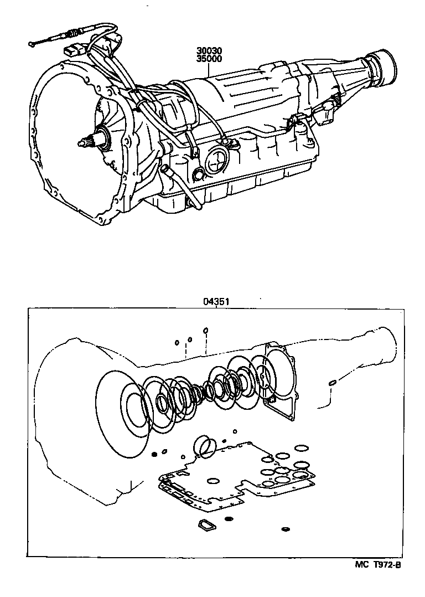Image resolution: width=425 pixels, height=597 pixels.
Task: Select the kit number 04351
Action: tap(216, 302)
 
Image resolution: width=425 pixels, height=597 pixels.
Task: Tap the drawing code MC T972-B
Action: tap(377, 565)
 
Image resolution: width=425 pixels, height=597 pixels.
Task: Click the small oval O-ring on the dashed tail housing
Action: tap(333, 383)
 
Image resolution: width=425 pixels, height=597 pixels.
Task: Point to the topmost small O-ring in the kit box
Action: tap(205, 331)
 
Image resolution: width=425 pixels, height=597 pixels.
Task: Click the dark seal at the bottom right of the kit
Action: tap(286, 529)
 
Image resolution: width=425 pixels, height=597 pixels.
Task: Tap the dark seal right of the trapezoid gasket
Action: tap(228, 519)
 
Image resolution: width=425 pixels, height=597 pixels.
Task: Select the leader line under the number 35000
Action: tap(208, 69)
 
